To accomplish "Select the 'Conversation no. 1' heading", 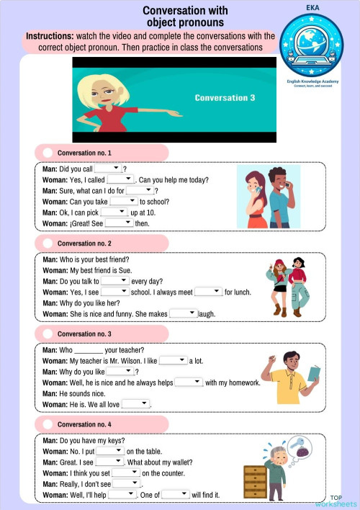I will [84, 153].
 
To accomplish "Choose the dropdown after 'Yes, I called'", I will [120, 179].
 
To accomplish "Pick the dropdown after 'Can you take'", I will [123, 202].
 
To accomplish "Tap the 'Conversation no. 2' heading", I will [84, 244].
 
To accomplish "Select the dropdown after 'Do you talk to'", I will [114, 281].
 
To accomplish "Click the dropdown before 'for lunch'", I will [208, 292].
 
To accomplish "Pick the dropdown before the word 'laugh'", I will [183, 314].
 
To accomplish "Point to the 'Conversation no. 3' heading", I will [84, 334].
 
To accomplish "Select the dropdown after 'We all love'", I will [135, 404].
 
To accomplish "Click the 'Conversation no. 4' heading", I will [84, 424].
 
